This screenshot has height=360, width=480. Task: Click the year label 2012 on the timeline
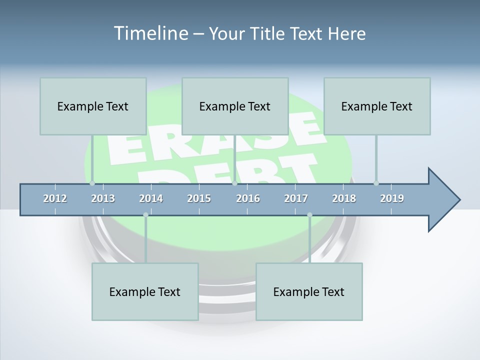pyautogui.click(x=55, y=198)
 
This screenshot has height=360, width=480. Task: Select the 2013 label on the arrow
pyautogui.click(x=103, y=198)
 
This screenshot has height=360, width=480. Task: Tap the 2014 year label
pyautogui.click(x=151, y=198)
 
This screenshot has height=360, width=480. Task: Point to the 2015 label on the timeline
pyautogui.click(x=199, y=198)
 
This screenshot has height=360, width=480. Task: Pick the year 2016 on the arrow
pyautogui.click(x=248, y=198)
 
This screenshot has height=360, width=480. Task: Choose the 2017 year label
pyautogui.click(x=296, y=198)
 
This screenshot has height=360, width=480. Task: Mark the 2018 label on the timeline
pyautogui.click(x=344, y=198)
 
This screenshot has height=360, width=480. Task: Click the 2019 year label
pyautogui.click(x=392, y=198)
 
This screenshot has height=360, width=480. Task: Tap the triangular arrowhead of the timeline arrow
pyautogui.click(x=442, y=200)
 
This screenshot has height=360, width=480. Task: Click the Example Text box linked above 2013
pyautogui.click(x=93, y=106)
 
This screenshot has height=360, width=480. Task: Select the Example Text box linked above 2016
pyautogui.click(x=235, y=106)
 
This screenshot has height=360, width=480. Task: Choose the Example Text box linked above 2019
pyautogui.click(x=377, y=106)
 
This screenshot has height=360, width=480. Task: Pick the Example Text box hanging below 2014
pyautogui.click(x=145, y=291)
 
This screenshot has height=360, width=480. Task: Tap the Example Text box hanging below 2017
pyautogui.click(x=309, y=291)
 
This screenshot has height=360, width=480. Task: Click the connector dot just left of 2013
pyautogui.click(x=92, y=183)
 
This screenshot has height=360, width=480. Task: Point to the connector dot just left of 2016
pyautogui.click(x=234, y=183)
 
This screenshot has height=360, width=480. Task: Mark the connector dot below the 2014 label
pyautogui.click(x=145, y=215)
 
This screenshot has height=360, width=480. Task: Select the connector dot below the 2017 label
pyautogui.click(x=309, y=215)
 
